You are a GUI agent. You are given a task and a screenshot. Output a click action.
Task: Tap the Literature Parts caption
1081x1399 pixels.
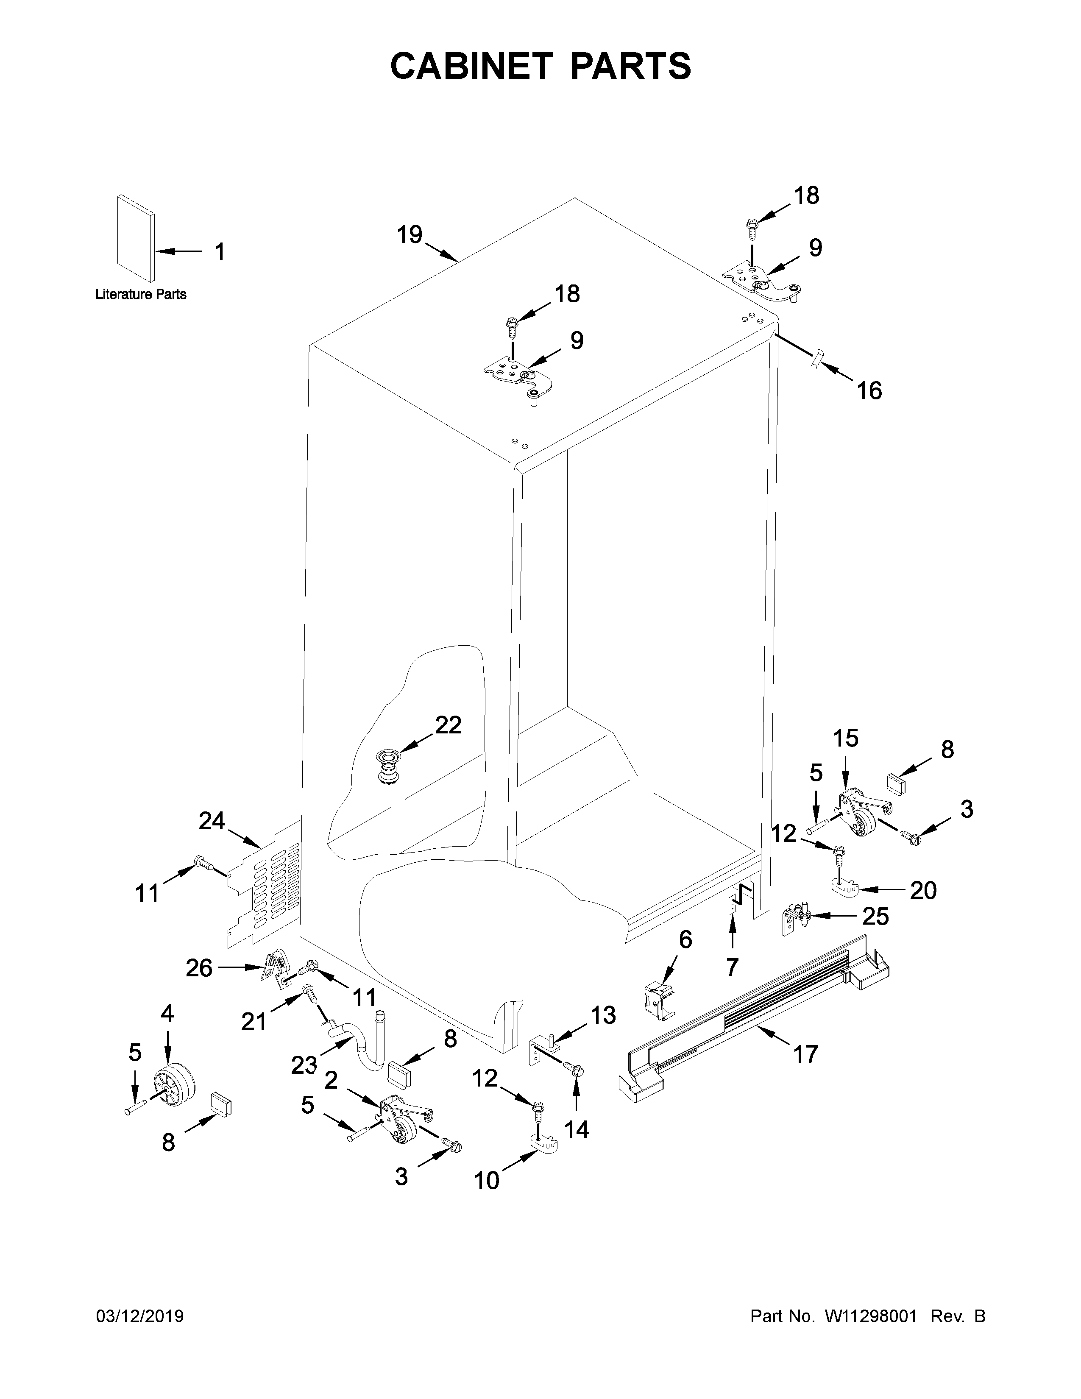tap(141, 295)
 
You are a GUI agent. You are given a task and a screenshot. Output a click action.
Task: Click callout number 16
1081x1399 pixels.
tap(869, 390)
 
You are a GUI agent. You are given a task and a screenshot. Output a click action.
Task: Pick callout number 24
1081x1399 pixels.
tap(212, 821)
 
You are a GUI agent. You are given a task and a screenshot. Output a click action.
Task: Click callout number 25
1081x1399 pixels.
tap(875, 917)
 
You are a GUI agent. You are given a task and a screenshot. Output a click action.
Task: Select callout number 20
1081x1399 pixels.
tap(923, 890)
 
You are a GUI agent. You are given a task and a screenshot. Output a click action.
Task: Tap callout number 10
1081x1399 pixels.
tap(487, 1179)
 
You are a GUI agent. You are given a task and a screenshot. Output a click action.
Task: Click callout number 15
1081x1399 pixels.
tap(845, 739)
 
